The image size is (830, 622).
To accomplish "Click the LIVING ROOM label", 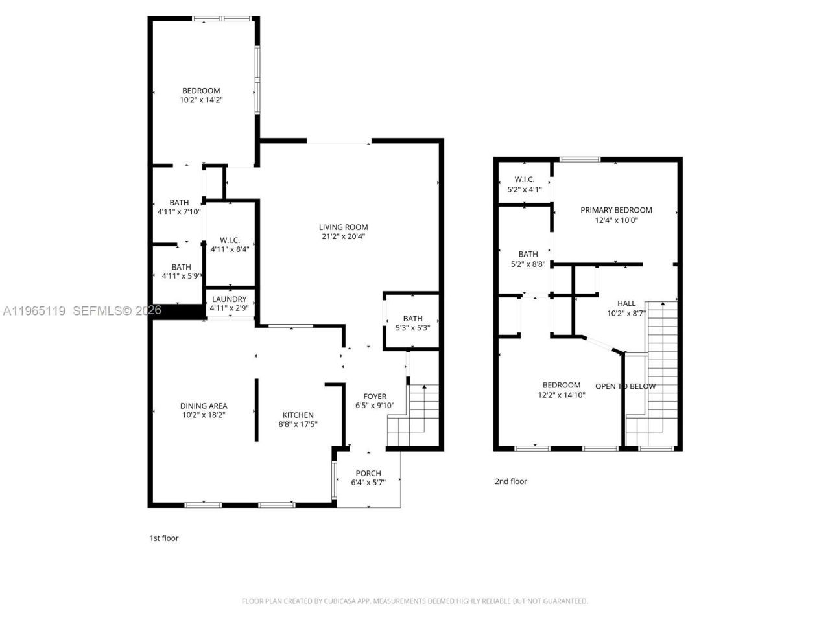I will click(343, 227).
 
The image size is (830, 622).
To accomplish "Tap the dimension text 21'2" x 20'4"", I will click(343, 236).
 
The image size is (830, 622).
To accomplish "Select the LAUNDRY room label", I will click(229, 299).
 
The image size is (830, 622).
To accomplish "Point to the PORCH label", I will click(368, 473).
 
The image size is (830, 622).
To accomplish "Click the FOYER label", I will click(375, 397).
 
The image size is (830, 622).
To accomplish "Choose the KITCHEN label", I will click(298, 415).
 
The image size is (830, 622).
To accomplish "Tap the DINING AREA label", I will click(204, 406).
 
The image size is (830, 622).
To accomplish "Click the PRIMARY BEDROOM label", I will click(616, 210).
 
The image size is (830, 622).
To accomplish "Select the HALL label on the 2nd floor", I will click(626, 303).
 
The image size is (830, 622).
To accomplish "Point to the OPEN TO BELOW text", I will click(625, 386).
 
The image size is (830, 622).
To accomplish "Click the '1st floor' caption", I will click(164, 538).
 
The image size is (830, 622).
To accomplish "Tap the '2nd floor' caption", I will click(511, 481).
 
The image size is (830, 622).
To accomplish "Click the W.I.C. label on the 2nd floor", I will click(524, 179).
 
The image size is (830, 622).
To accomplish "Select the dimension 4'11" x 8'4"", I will click(230, 249).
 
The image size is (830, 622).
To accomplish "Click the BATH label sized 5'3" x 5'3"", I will click(412, 318).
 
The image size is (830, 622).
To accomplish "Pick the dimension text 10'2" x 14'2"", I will click(200, 100).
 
